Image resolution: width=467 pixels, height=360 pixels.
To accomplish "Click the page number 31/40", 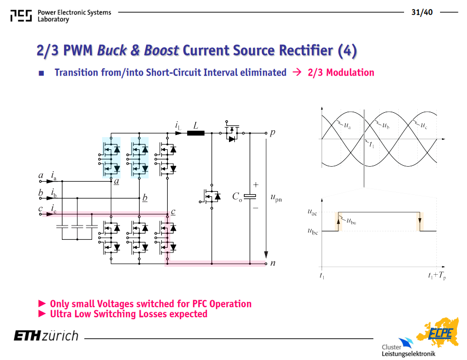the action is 422,12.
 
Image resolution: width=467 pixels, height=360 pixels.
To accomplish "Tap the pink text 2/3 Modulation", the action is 341,73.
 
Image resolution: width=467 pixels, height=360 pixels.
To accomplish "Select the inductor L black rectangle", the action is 196,133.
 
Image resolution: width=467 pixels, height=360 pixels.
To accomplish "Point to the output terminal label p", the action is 272,132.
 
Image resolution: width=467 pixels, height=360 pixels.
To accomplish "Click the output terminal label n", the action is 272,263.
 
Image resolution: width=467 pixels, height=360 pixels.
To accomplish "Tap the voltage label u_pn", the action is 276,197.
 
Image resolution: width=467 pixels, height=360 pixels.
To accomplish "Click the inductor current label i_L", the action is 178,125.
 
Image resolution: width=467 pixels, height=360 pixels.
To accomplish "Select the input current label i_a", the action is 53,176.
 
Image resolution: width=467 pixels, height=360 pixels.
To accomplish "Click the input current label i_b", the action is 53,193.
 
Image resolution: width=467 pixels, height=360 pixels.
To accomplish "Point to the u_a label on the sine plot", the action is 347,125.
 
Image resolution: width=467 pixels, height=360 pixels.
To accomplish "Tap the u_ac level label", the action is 312,212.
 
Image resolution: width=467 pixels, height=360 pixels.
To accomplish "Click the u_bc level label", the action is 313,231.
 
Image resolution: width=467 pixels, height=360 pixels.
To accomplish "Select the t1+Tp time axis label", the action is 437,276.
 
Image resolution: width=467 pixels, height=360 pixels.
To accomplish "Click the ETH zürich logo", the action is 46,336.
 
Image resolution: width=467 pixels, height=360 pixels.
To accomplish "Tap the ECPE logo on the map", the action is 440,333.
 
